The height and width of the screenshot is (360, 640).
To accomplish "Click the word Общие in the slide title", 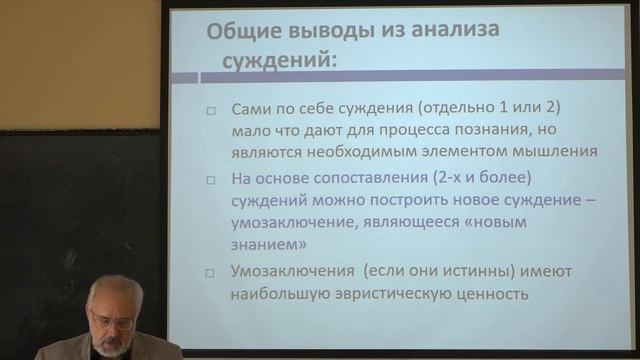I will point(241,30).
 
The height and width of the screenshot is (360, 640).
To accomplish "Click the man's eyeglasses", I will point(113,322).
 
